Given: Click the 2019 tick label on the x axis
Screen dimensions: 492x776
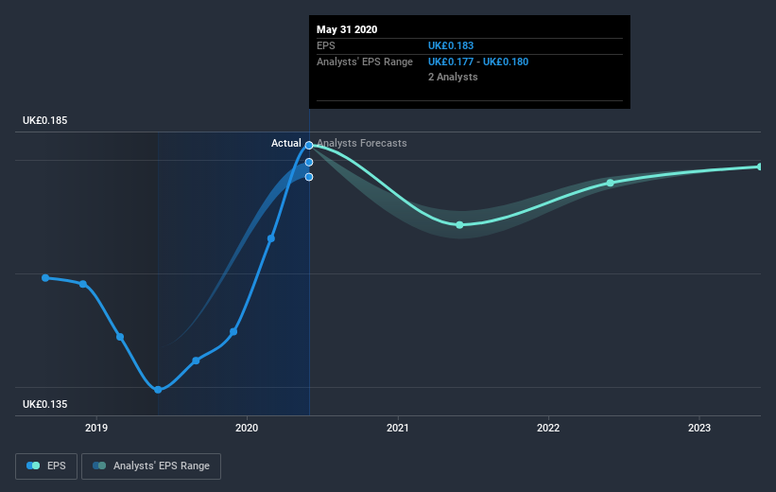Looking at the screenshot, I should [96, 428].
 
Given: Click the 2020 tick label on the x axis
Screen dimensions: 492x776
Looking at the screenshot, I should [247, 428].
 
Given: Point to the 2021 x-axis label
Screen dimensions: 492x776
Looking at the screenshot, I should [398, 428].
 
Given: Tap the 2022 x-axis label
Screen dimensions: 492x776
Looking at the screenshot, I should [548, 428].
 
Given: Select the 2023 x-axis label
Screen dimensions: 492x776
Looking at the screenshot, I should [698, 428].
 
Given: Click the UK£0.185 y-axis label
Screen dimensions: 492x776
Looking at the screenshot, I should [45, 121].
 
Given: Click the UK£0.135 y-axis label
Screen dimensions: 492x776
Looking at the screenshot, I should [45, 405].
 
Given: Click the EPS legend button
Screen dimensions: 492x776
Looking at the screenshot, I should [46, 466].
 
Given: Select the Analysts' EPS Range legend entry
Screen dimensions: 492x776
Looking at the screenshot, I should [151, 466].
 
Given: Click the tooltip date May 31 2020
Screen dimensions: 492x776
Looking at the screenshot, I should [347, 29].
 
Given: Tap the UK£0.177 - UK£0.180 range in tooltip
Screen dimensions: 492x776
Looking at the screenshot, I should [478, 61].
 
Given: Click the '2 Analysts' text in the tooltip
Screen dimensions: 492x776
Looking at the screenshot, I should [453, 77].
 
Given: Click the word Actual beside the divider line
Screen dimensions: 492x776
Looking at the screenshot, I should [285, 143].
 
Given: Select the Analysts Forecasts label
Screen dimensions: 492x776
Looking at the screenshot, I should [362, 143].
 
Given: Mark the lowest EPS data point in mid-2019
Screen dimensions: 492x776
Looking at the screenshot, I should [158, 390].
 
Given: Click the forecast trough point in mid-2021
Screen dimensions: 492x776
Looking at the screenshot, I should [459, 224].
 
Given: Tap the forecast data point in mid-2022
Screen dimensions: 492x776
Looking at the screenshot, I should [610, 183].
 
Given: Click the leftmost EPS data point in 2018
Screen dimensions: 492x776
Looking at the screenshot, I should [45, 277].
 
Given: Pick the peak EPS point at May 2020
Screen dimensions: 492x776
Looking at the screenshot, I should [309, 146].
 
